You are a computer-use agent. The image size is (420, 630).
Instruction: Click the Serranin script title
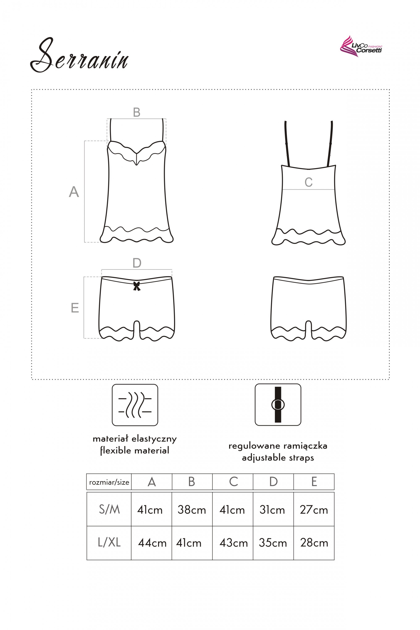point(79,55)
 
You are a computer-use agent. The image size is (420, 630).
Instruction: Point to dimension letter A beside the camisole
point(74,192)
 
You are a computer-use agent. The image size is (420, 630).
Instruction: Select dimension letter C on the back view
point(308,182)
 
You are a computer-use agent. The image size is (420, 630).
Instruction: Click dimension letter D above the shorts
point(137,263)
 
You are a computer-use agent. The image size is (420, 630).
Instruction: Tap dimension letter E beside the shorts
point(75,308)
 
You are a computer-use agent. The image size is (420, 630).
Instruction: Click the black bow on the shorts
point(137,286)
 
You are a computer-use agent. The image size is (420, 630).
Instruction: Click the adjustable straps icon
point(278,404)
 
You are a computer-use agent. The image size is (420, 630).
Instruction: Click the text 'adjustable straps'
point(278,458)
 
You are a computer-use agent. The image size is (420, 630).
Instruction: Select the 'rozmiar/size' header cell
point(109,482)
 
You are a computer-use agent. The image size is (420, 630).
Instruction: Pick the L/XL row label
point(109,542)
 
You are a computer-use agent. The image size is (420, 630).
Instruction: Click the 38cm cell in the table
point(192,510)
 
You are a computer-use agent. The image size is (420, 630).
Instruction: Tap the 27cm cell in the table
point(314,510)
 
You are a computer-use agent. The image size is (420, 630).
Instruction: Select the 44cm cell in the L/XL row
point(152,543)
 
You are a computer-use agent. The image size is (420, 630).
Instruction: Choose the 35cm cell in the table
point(273,543)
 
